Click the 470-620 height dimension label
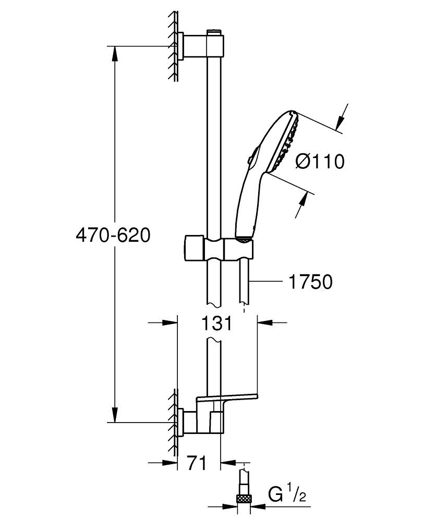(x=113, y=235)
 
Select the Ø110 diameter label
(x=320, y=162)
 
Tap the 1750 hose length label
(x=310, y=282)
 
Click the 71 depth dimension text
(x=197, y=462)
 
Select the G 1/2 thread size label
(x=286, y=493)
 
